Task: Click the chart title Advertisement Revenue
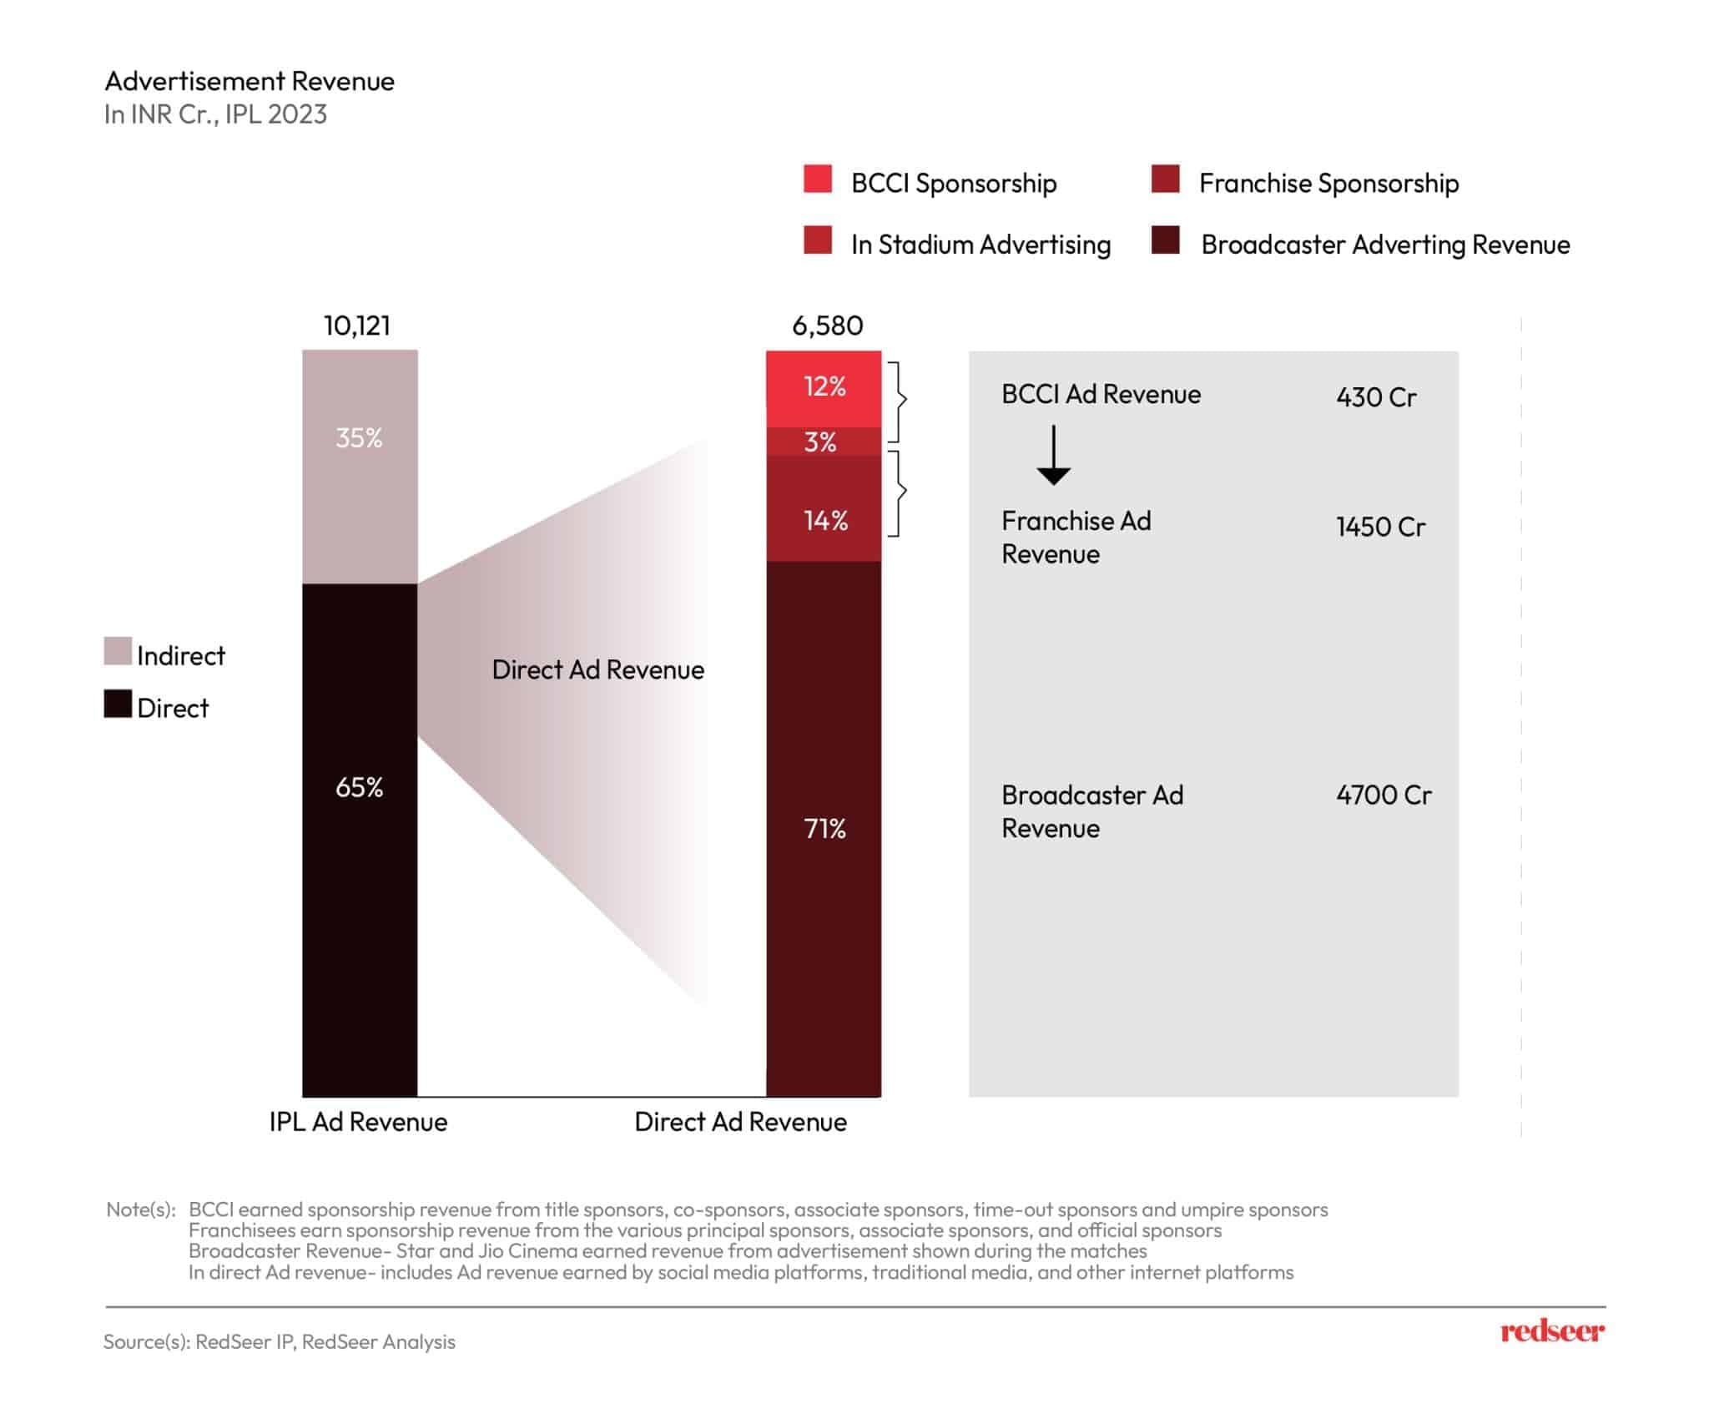[x=249, y=81]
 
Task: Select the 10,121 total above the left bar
[x=357, y=326]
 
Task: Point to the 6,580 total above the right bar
[x=827, y=326]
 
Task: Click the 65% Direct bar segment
[x=360, y=839]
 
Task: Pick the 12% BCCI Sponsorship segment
[x=824, y=388]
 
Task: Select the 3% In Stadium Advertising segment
[x=824, y=442]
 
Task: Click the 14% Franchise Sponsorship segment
[x=824, y=509]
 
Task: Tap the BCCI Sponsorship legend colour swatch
[x=818, y=179]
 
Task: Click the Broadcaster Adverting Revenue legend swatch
[x=1165, y=240]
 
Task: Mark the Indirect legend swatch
[x=118, y=651]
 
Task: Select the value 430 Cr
[x=1376, y=396]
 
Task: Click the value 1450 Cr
[x=1380, y=527]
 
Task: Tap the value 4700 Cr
[x=1384, y=795]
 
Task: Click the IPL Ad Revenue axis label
[x=358, y=1122]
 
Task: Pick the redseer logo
[x=1551, y=1331]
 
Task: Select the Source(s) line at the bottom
[x=280, y=1341]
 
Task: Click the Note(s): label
[x=141, y=1209]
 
